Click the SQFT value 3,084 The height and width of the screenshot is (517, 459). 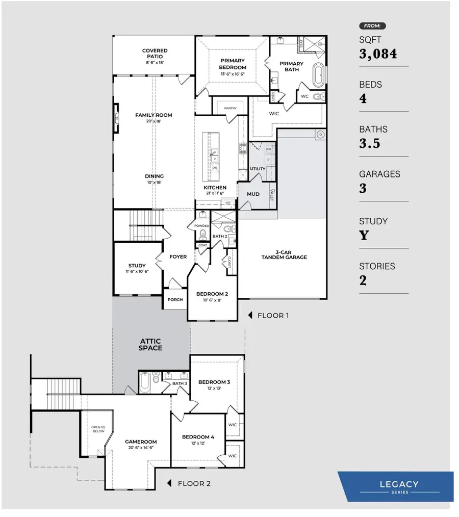pyautogui.click(x=378, y=54)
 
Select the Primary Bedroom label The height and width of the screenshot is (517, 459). pyautogui.click(x=233, y=64)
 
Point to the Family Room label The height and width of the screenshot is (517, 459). pyautogui.click(x=154, y=115)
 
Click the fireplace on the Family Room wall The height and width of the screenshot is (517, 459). pyautogui.click(x=117, y=118)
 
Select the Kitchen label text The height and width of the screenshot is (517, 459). pyautogui.click(x=215, y=188)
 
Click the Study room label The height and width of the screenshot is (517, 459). pyautogui.click(x=137, y=266)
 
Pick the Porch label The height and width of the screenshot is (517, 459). pyautogui.click(x=175, y=300)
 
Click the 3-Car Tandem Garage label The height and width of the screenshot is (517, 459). pyautogui.click(x=284, y=254)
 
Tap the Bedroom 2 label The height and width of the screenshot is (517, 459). pyautogui.click(x=212, y=294)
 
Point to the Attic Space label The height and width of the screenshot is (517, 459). pyautogui.click(x=151, y=344)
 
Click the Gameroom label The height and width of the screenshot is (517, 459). pyautogui.click(x=141, y=442)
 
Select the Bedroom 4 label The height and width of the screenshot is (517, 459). pyautogui.click(x=198, y=437)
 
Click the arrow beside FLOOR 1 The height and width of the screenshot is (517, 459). pyautogui.click(x=250, y=316)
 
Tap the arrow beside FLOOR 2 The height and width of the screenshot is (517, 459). pyautogui.click(x=170, y=483)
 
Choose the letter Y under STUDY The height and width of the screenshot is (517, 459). pyautogui.click(x=364, y=236)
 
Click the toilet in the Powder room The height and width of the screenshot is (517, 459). pyautogui.click(x=202, y=235)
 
